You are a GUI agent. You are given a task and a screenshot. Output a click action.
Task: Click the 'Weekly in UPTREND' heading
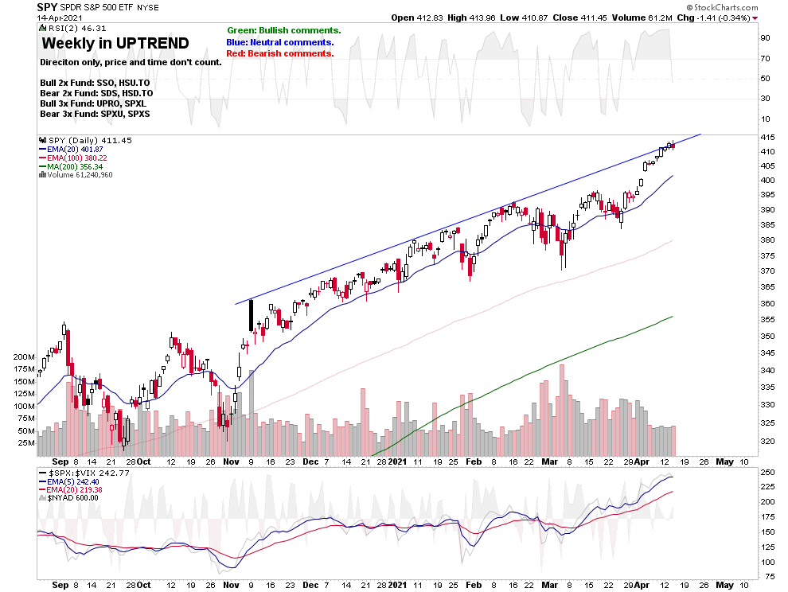point(115,43)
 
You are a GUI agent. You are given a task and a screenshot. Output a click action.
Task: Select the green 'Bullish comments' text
point(283,30)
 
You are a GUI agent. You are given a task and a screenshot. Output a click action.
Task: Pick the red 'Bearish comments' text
point(280,53)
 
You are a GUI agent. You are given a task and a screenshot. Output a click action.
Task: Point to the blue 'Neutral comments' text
point(280,42)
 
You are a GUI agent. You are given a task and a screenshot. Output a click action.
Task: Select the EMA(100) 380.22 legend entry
point(76,158)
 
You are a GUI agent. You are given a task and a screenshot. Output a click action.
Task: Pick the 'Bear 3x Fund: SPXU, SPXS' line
point(95,114)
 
